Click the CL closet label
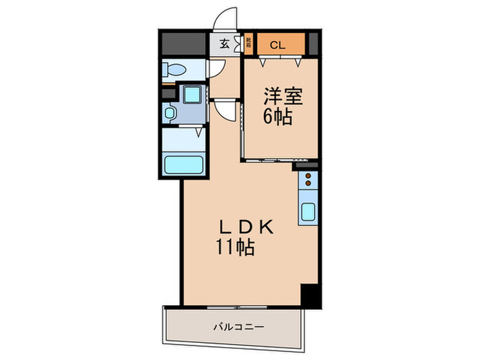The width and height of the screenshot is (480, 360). pos(277,46)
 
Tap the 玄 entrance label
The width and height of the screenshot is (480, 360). pos(224,45)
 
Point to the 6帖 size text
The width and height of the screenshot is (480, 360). pos(278,117)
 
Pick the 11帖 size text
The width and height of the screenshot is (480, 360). pos(237,248)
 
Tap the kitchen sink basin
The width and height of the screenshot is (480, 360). pos(307,212)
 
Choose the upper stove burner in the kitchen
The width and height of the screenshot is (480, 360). pos(307,176)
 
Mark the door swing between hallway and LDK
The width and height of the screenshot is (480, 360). pos(225,113)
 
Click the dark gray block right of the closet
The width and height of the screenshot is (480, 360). pos(313,45)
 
